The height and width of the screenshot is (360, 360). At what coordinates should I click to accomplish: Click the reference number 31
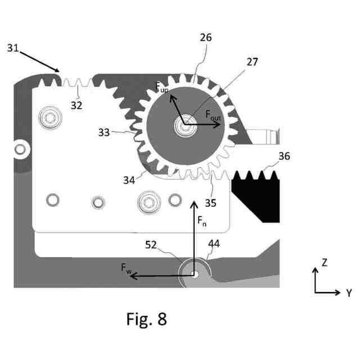coord(14,48)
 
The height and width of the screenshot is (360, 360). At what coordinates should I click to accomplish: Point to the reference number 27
coord(251,62)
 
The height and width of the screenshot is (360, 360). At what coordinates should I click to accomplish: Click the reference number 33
coord(104,133)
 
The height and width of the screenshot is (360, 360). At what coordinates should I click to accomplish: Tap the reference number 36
coord(284,157)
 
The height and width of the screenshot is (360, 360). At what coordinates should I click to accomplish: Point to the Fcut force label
coord(213,116)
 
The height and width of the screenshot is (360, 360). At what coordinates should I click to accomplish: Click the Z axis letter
coord(324,262)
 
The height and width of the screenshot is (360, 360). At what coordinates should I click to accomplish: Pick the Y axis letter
coord(349,292)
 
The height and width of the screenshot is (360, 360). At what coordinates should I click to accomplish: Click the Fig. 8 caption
coord(146,319)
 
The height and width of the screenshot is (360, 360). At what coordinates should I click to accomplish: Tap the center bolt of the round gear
coord(185,125)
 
